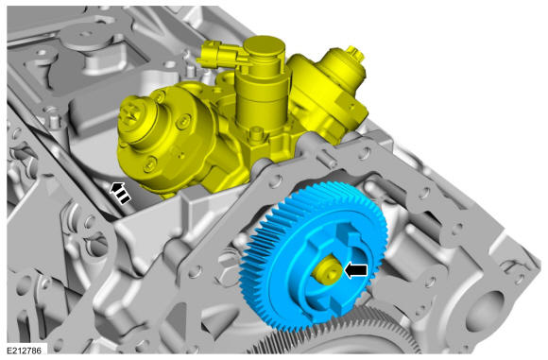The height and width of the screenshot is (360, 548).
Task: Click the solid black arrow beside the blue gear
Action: pos(356,270)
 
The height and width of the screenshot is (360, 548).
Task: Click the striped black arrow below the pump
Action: pos(120,193)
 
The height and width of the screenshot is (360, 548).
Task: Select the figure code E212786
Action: pos(25,350)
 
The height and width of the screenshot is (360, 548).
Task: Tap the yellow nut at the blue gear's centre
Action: pos(328,270)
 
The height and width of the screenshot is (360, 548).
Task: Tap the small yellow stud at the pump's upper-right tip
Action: pos(355,52)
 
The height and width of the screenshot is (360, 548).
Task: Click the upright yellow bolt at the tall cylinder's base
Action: pos(257,133)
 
